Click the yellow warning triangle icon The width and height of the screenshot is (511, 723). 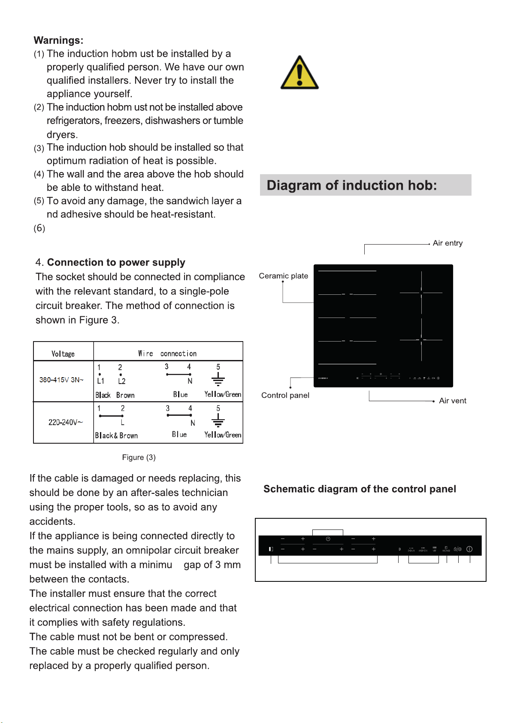click(299, 73)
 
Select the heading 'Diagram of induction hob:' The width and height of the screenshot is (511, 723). click(351, 185)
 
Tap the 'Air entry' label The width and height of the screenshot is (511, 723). click(448, 243)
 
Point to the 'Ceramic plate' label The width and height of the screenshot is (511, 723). click(283, 276)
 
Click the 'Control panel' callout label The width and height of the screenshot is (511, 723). click(285, 395)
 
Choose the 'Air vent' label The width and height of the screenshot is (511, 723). click(452, 401)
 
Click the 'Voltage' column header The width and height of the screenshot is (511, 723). click(63, 354)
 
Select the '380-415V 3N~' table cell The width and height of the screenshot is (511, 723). click(61, 380)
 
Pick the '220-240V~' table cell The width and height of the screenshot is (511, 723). click(65, 422)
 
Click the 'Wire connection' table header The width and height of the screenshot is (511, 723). click(167, 354)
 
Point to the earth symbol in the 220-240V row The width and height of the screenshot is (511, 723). click(218, 420)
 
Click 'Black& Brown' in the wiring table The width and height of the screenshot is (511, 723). click(116, 436)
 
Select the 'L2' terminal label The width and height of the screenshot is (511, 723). click(122, 381)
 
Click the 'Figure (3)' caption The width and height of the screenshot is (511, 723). click(139, 457)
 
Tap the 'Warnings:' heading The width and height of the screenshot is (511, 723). click(58, 40)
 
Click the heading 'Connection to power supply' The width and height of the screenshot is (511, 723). click(116, 262)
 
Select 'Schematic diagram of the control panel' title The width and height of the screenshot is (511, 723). click(360, 489)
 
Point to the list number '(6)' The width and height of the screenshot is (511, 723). click(39, 228)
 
